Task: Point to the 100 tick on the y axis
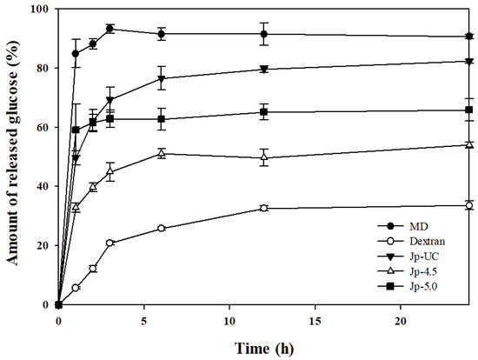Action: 42,10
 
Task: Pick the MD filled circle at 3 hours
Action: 110,29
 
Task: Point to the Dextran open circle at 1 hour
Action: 76,288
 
